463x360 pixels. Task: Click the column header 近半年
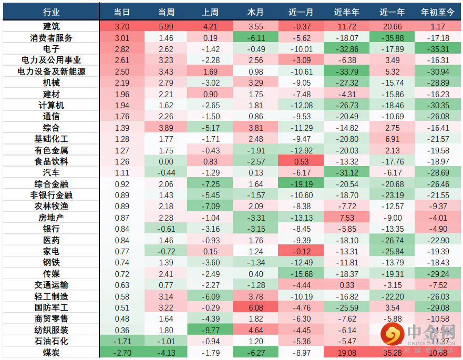coord(346,12)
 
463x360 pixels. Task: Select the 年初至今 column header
coord(438,12)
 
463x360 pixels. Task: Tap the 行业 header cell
coord(51,12)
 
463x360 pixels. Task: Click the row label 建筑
coord(51,27)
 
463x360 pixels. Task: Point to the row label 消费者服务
coord(51,38)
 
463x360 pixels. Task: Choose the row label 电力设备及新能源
coord(51,71)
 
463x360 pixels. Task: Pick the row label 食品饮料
coord(51,161)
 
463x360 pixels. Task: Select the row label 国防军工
coord(51,307)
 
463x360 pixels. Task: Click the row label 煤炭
coord(51,352)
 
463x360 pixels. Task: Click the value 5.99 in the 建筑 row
coord(166,27)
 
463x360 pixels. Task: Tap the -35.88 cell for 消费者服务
coord(392,38)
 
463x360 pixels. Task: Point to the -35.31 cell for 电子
coord(438,49)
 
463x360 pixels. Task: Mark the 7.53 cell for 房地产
coord(346,218)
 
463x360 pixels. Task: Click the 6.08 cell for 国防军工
coord(255,307)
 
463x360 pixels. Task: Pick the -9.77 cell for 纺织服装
coord(211,330)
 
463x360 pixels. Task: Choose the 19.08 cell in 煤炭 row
coord(346,352)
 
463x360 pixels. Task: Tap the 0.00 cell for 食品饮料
coord(166,161)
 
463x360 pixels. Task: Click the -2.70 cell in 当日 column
coord(121,352)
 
